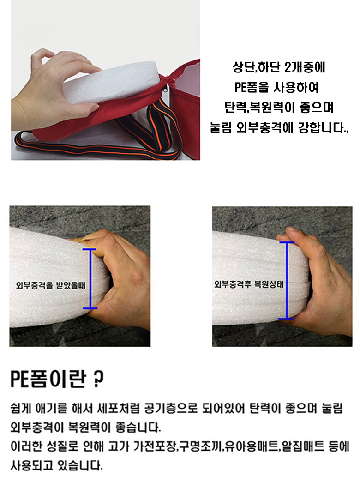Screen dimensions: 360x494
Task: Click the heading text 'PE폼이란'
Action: point(48,379)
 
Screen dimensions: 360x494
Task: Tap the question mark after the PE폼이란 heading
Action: point(99,379)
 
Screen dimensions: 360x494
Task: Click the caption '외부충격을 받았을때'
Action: point(50,285)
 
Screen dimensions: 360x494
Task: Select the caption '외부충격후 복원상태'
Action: point(249,284)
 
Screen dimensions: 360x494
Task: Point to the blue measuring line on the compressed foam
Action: point(90,278)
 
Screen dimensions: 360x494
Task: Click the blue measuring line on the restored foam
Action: point(287,280)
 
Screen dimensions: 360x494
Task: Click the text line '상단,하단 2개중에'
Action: point(278,67)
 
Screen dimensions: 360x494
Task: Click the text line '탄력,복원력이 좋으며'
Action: point(279,108)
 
